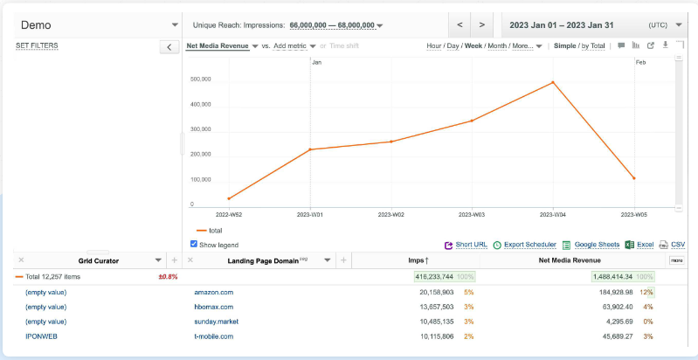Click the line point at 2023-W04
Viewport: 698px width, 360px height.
click(553, 82)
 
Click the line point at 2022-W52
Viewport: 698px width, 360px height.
click(229, 198)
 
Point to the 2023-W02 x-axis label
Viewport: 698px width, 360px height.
click(390, 213)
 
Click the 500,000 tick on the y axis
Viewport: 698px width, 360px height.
click(200, 80)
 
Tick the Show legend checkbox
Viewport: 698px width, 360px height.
click(194, 245)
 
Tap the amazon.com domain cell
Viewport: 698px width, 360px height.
click(213, 292)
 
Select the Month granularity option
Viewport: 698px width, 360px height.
click(495, 45)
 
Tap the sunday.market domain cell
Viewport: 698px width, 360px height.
click(218, 322)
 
